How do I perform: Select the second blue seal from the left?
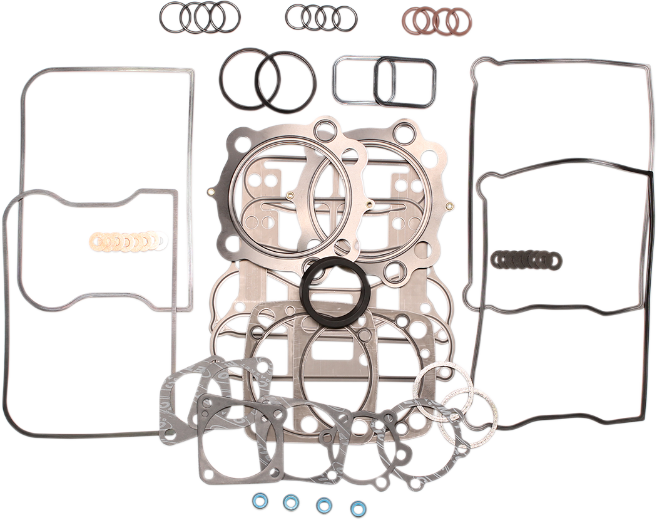tap(290, 502)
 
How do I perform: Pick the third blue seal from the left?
tap(324, 505)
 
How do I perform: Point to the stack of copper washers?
tap(128, 241)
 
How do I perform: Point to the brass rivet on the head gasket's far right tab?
tap(449, 206)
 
